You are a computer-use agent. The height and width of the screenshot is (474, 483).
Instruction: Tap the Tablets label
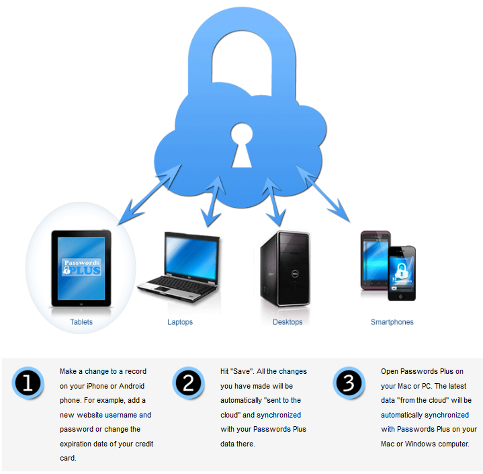tap(81, 322)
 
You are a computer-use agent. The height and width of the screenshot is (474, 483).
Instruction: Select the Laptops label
tap(180, 322)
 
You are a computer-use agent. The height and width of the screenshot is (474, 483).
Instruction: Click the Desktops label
tap(288, 322)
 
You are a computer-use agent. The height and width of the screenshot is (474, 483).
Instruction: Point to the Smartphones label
tap(392, 322)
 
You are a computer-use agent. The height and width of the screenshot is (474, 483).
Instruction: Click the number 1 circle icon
tap(28, 384)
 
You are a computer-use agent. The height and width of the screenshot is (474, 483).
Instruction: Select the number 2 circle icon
tap(189, 384)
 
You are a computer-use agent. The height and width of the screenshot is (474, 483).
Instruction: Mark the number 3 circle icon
tap(349, 384)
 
